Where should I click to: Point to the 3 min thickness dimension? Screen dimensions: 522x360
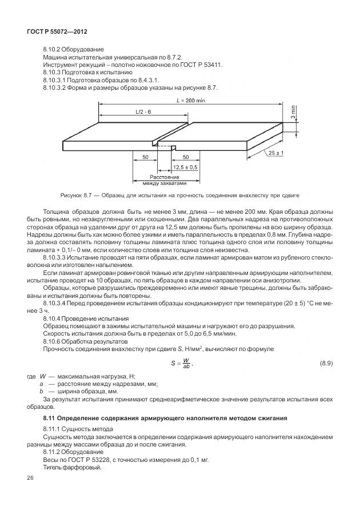tap(293, 112)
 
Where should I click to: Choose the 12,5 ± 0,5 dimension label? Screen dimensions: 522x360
tap(184, 167)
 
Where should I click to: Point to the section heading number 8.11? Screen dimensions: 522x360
tap(49, 419)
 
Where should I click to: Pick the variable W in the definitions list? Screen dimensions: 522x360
tap(43, 376)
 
